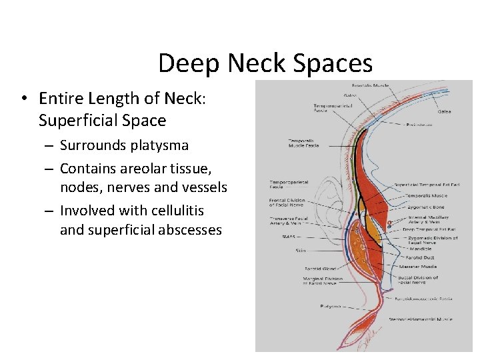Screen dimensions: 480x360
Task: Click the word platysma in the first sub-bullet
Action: (158, 145)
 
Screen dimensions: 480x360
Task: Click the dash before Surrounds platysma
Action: (50, 145)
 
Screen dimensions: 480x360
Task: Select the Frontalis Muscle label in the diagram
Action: (371, 85)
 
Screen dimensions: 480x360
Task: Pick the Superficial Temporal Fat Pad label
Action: (426, 184)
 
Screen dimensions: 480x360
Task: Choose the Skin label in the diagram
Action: (301, 251)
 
